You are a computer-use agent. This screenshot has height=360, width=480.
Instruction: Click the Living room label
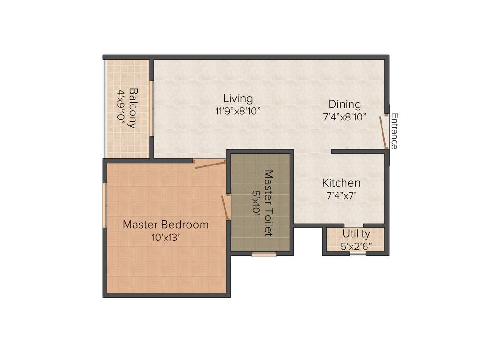238,98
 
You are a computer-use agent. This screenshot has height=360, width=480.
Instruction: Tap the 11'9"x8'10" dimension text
238,111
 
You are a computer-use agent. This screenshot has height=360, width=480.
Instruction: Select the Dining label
344,104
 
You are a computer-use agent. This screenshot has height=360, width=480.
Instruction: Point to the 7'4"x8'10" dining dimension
344,117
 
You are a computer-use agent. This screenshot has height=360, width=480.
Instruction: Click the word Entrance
394,131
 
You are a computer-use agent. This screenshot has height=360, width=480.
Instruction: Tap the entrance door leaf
383,132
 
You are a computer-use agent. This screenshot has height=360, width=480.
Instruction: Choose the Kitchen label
341,182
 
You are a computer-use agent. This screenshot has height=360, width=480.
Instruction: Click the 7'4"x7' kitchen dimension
342,195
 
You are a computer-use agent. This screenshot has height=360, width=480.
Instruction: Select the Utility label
356,233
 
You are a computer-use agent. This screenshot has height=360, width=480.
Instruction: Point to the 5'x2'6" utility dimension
356,246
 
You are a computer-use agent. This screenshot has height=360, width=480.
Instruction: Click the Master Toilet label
269,202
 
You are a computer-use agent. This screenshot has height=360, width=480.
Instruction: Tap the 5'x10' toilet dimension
256,202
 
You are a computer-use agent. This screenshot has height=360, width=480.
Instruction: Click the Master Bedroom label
165,225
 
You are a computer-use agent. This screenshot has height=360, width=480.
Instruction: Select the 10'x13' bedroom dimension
165,238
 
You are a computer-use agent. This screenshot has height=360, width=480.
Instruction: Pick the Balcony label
133,108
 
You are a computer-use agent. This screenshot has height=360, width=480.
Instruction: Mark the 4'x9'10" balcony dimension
121,108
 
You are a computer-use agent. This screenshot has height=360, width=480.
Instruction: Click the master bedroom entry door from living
210,164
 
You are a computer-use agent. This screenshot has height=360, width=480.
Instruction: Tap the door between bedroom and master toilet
225,208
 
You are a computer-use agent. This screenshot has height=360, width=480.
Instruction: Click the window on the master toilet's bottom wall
263,255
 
